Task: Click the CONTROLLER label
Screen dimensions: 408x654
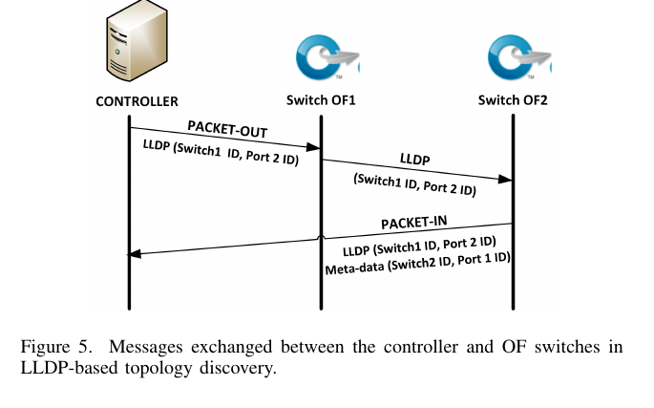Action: point(137,100)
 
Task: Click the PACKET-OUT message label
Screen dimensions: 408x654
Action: point(226,128)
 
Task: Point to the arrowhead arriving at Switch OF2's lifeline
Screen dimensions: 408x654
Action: point(506,179)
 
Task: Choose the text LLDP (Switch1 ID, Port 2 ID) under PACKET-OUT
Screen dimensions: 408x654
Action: point(220,152)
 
